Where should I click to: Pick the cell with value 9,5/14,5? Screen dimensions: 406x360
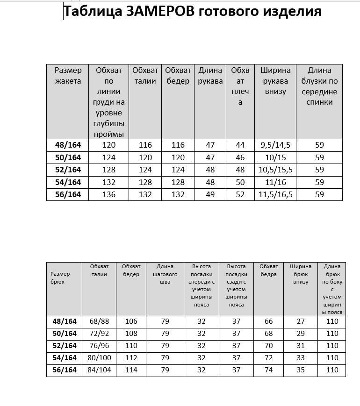pos(275,145)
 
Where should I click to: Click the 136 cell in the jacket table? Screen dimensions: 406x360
pos(109,194)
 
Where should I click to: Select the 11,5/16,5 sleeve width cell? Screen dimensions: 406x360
pos(275,194)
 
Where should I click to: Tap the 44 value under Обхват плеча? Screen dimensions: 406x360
pos(240,145)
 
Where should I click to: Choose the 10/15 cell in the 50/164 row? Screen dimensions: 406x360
pos(275,157)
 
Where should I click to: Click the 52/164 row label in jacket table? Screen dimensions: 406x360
pos(68,170)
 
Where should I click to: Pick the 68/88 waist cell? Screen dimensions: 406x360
pos(99,321)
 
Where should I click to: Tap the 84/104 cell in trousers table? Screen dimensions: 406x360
pos(99,370)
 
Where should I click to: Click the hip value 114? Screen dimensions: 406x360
pos(131,370)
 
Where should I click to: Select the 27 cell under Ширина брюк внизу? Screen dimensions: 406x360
pos(301,321)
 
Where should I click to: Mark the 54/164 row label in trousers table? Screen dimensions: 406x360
pos(65,358)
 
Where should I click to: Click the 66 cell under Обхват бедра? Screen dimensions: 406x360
pos(269,321)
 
